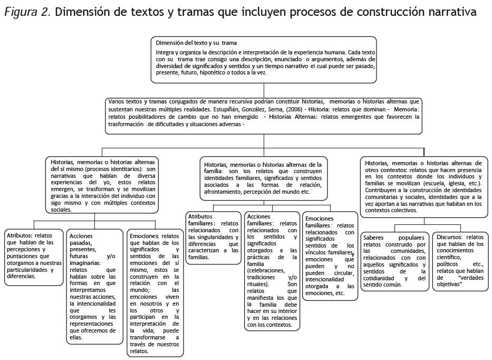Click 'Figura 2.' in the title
coord(26,12)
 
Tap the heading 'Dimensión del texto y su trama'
coord(196,43)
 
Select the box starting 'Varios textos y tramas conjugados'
coord(263,113)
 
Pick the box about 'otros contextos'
coord(423,186)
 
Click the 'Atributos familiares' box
coord(213,236)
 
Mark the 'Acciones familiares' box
coord(272,270)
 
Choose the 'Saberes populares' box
coord(394,261)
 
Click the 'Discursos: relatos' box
coord(460,261)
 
